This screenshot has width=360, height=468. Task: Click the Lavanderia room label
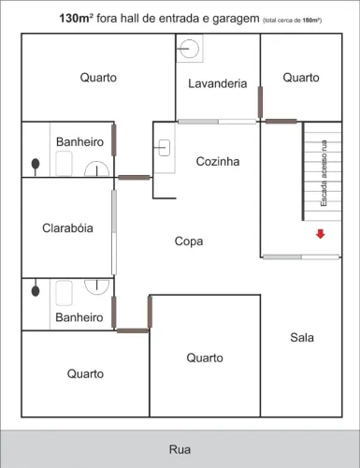[x=217, y=83]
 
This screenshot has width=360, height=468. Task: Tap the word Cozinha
[x=218, y=162]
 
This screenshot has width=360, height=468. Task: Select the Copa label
[x=189, y=241]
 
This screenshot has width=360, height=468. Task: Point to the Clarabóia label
[x=67, y=228]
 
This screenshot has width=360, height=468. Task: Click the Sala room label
[x=302, y=337]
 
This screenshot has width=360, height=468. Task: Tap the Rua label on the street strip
[x=180, y=449]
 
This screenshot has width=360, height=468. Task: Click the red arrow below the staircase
[x=320, y=234]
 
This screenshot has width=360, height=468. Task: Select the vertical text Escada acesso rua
[x=324, y=172]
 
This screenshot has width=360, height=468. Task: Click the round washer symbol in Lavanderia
[x=191, y=48]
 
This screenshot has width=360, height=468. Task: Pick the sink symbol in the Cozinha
[x=164, y=146]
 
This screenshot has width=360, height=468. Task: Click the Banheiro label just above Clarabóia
[x=79, y=141]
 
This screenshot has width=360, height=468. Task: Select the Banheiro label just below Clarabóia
[x=79, y=318]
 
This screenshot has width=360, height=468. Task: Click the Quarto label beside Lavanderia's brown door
[x=301, y=78]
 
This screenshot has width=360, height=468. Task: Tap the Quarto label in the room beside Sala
[x=204, y=358]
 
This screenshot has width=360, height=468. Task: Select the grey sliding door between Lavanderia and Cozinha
[x=217, y=121]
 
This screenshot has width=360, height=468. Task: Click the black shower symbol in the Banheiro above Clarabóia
[x=36, y=163]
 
